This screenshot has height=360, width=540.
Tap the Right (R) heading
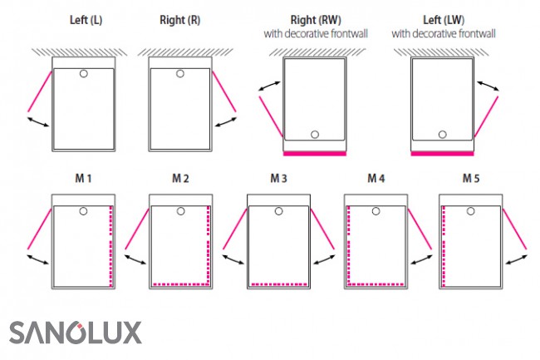(x=180, y=19)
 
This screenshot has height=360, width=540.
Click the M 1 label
(x=83, y=179)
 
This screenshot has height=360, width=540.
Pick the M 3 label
(x=278, y=179)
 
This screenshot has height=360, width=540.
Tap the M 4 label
(x=376, y=179)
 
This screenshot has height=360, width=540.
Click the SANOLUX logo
(x=76, y=332)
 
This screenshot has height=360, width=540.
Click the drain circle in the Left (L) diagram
(x=84, y=74)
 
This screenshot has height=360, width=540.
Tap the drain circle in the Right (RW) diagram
(x=314, y=135)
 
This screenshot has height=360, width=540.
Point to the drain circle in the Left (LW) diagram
(x=442, y=135)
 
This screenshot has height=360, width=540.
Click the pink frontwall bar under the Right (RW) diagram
(x=314, y=153)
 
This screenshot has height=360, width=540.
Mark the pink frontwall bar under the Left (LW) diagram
(x=442, y=153)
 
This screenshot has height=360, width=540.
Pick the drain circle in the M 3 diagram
(x=278, y=211)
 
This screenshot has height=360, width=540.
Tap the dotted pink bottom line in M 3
(x=278, y=284)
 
